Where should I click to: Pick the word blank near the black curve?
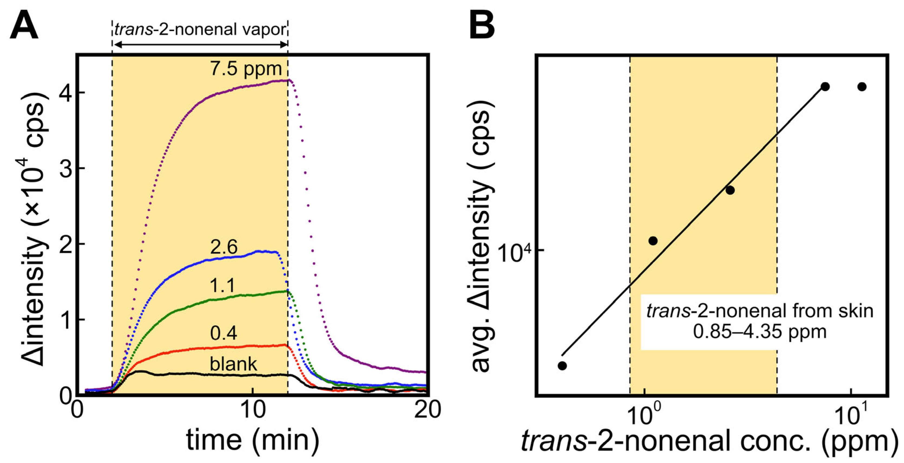[x=233, y=364]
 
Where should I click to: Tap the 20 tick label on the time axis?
[x=427, y=410]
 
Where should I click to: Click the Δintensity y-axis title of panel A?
[x=33, y=230]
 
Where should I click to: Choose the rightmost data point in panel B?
[x=862, y=87]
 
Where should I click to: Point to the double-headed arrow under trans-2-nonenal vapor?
[x=200, y=44]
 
